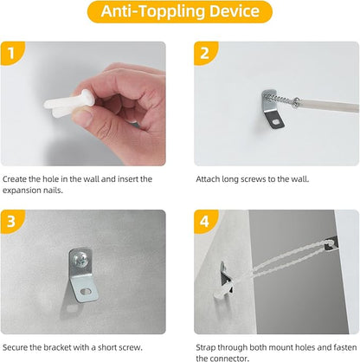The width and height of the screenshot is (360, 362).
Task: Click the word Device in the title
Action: click(x=235, y=11)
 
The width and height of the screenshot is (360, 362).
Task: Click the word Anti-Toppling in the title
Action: click(x=153, y=12)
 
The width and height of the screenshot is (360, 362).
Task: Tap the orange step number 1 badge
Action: click(x=12, y=53)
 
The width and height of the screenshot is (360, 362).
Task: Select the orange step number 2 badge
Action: click(x=205, y=53)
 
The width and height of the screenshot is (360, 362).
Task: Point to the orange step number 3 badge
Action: click(x=12, y=222)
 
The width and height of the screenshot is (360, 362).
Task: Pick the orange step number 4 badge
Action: click(x=205, y=222)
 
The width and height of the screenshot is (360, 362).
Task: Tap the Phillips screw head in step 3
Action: click(x=80, y=260)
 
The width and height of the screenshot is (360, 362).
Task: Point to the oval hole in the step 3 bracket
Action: click(x=86, y=291)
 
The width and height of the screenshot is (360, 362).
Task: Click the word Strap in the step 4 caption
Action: click(x=206, y=347)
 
